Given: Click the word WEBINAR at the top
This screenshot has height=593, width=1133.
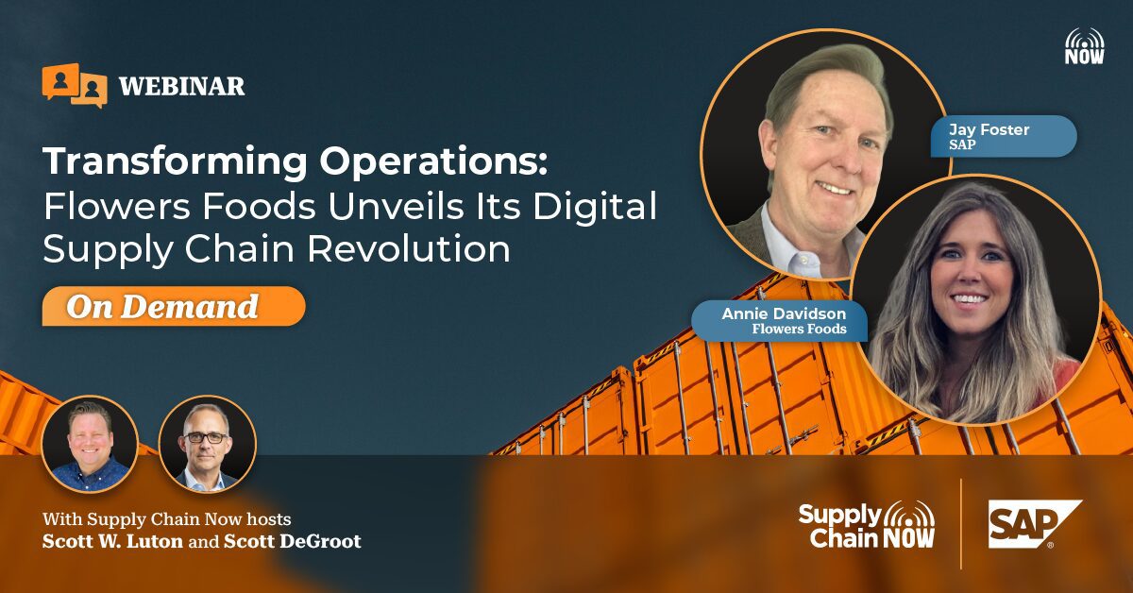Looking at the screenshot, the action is coord(181,87).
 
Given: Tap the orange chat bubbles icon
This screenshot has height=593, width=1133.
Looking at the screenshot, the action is coord(75,85).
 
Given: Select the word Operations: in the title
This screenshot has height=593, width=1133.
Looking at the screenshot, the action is coord(433,161).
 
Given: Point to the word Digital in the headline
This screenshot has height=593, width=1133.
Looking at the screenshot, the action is coord(595,208).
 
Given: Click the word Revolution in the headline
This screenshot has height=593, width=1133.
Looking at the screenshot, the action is coord(409,248).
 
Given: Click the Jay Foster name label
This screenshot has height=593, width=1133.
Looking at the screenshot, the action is coord(1004,137).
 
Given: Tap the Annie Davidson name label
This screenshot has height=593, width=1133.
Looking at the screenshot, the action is coord(780,321).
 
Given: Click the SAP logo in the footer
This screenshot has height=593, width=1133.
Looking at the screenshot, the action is coord(1035,525).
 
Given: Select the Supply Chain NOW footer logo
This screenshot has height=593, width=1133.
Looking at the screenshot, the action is coord(867,525).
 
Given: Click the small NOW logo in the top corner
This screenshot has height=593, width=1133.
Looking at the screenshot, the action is coord(1085,46).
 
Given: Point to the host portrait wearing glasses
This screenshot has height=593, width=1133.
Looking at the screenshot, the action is coord(208,444).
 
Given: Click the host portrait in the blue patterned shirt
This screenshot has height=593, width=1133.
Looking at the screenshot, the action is coord(90,444).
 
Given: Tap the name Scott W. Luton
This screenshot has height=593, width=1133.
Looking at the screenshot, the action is coord(112,541).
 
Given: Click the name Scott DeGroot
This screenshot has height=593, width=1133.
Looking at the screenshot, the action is coord(293,541).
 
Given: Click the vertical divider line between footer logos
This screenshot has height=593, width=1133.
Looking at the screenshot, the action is coord(961,524).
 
